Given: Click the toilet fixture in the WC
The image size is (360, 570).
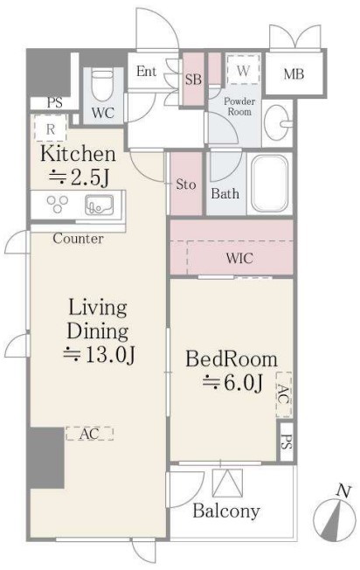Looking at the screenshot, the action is click(x=102, y=86).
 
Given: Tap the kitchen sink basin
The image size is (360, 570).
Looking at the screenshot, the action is click(x=99, y=205).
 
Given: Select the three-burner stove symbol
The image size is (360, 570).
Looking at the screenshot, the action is click(x=58, y=205).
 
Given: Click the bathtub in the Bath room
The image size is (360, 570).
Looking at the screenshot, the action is click(x=269, y=184).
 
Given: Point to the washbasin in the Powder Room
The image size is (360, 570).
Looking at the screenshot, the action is click(x=278, y=122).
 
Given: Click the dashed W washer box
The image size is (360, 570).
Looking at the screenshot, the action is click(x=243, y=69).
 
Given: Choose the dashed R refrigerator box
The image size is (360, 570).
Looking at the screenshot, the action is click(x=51, y=128).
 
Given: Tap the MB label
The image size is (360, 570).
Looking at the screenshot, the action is click(x=294, y=74).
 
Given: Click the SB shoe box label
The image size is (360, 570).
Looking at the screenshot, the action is click(x=193, y=80).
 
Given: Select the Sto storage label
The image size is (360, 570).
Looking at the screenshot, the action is click(x=185, y=184).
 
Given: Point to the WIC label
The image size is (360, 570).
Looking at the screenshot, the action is click(x=239, y=258).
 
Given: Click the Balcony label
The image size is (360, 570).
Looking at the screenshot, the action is click(x=226, y=511).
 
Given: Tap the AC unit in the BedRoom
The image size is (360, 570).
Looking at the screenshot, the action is click(x=284, y=394).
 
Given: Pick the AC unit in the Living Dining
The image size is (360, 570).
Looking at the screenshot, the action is click(x=89, y=434).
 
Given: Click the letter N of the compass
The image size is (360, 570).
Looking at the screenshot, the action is click(x=343, y=491).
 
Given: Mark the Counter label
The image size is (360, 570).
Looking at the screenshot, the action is click(x=78, y=239).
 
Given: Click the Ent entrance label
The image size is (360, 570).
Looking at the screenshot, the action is click(x=147, y=72).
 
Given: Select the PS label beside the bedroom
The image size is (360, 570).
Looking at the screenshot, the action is click(x=287, y=442).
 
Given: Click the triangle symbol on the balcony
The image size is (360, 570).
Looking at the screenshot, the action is click(x=228, y=483).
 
